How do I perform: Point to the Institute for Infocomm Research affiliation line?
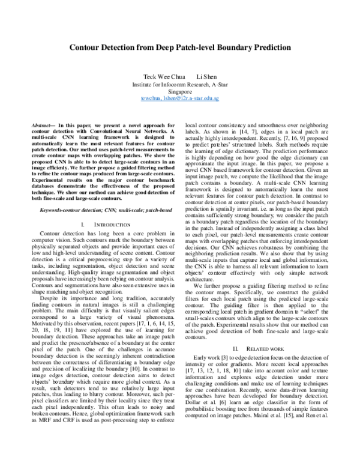[x=180, y=85]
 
